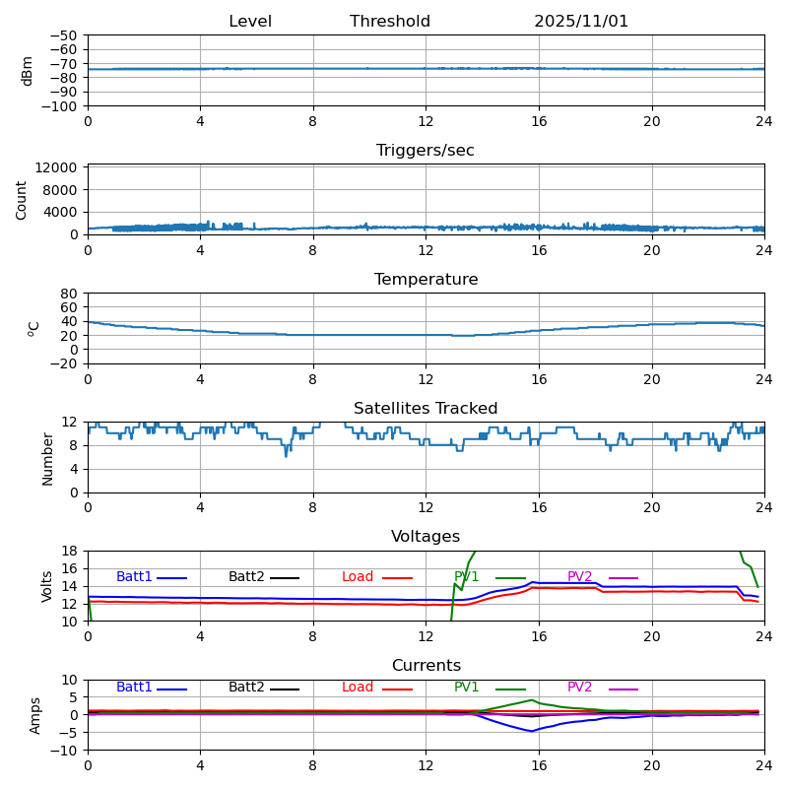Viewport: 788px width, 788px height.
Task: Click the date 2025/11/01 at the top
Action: tap(581, 22)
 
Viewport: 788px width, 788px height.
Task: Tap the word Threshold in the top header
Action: tap(390, 22)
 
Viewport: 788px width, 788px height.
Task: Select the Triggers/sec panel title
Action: tap(426, 151)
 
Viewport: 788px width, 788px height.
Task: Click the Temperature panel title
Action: tap(426, 280)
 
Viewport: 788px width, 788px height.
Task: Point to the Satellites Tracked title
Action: tap(426, 409)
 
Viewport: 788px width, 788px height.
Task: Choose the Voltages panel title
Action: tap(426, 537)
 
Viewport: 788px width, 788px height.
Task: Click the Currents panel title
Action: tap(426, 666)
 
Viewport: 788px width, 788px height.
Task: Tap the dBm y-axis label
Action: tap(28, 71)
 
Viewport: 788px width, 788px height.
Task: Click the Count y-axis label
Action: tap(22, 199)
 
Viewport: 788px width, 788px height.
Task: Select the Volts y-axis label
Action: tap(47, 585)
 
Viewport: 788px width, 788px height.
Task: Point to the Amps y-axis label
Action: tap(35, 715)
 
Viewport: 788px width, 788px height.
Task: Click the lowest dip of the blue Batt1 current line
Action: tap(532, 731)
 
